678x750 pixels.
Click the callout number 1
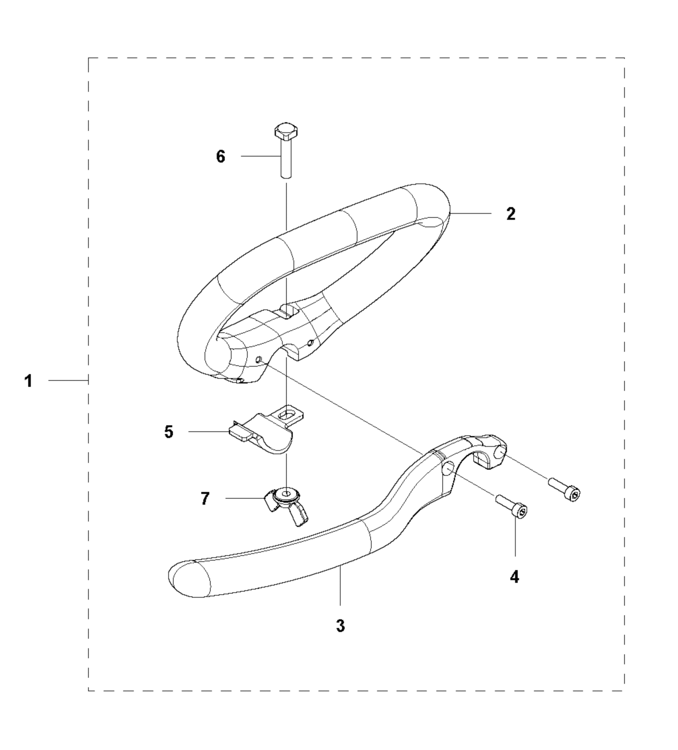coord(29,381)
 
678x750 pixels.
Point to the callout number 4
coord(515,577)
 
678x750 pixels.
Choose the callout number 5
coord(169,432)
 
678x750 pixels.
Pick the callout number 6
coord(220,156)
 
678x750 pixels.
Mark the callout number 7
coord(205,499)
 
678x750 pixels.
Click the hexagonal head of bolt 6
coord(286,132)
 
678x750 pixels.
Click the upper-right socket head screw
coord(565,488)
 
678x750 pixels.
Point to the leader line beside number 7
coord(245,498)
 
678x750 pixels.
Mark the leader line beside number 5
coord(209,432)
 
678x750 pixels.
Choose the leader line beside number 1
coord(68,381)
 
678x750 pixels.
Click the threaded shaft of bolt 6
coord(286,158)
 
